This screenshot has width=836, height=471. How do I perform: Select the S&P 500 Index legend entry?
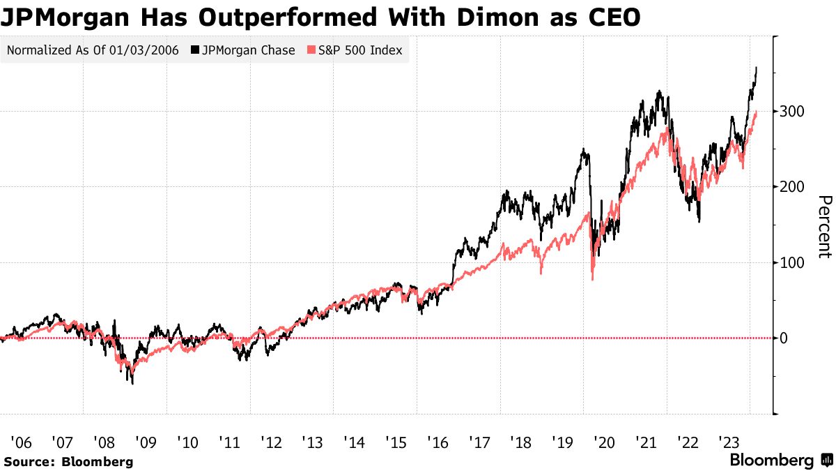pyautogui.click(x=355, y=50)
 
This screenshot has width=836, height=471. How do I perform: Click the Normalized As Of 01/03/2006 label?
pyautogui.click(x=93, y=50)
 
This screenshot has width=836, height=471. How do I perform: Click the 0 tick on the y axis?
pyautogui.click(x=784, y=338)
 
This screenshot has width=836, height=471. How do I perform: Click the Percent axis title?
pyautogui.click(x=823, y=227)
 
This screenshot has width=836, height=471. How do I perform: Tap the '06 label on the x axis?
pyautogui.click(x=21, y=442)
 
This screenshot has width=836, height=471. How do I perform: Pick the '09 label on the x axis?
pyautogui.click(x=146, y=442)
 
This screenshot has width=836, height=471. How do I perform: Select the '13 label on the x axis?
pyautogui.click(x=312, y=442)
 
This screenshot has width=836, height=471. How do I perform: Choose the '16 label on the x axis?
pyautogui.click(x=437, y=442)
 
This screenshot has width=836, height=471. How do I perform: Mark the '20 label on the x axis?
pyautogui.click(x=603, y=442)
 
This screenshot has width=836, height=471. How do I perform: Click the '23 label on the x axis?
pyautogui.click(x=728, y=442)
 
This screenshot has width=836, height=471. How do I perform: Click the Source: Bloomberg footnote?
pyautogui.click(x=68, y=461)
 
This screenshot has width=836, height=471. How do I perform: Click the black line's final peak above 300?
pyautogui.click(x=757, y=68)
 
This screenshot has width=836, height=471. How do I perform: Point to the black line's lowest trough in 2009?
pyautogui.click(x=132, y=383)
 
